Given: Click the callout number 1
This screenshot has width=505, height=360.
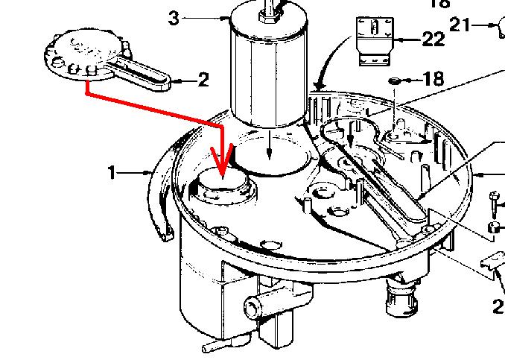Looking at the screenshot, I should pyautogui.click(x=112, y=174).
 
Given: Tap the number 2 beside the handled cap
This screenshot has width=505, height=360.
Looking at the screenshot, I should pyautogui.click(x=203, y=80).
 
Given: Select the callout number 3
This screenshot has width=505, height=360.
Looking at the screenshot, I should pyautogui.click(x=174, y=19).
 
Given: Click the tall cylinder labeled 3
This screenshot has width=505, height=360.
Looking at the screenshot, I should pyautogui.click(x=268, y=71).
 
